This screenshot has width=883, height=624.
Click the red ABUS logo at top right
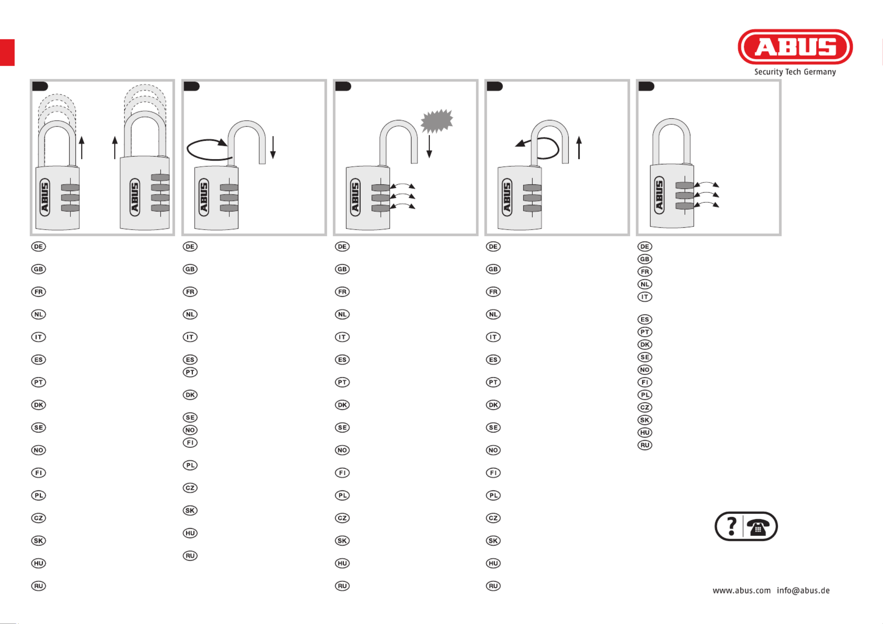point(795,47)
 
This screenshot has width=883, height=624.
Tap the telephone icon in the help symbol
point(758,527)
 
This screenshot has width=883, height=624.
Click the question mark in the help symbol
point(732,526)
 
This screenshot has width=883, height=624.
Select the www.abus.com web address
point(741,591)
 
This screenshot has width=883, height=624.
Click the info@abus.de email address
point(803,591)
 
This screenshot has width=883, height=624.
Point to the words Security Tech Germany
point(795,72)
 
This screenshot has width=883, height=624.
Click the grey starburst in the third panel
point(437,121)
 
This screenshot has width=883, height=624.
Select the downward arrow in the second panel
point(273,147)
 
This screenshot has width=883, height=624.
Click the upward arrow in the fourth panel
point(579,147)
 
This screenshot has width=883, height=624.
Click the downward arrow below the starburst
point(429,147)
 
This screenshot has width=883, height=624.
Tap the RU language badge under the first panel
point(39,586)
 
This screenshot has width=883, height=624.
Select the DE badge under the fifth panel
point(645,247)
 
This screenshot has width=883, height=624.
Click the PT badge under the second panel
point(190,372)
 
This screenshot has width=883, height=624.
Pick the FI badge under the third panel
point(342,473)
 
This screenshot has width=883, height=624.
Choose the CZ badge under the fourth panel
point(493,518)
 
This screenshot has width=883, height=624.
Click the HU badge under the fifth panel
point(645,433)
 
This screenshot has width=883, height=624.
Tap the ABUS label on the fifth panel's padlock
point(659,195)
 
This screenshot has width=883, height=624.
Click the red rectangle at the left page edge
point(7,52)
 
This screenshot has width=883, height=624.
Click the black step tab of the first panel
point(40,86)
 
